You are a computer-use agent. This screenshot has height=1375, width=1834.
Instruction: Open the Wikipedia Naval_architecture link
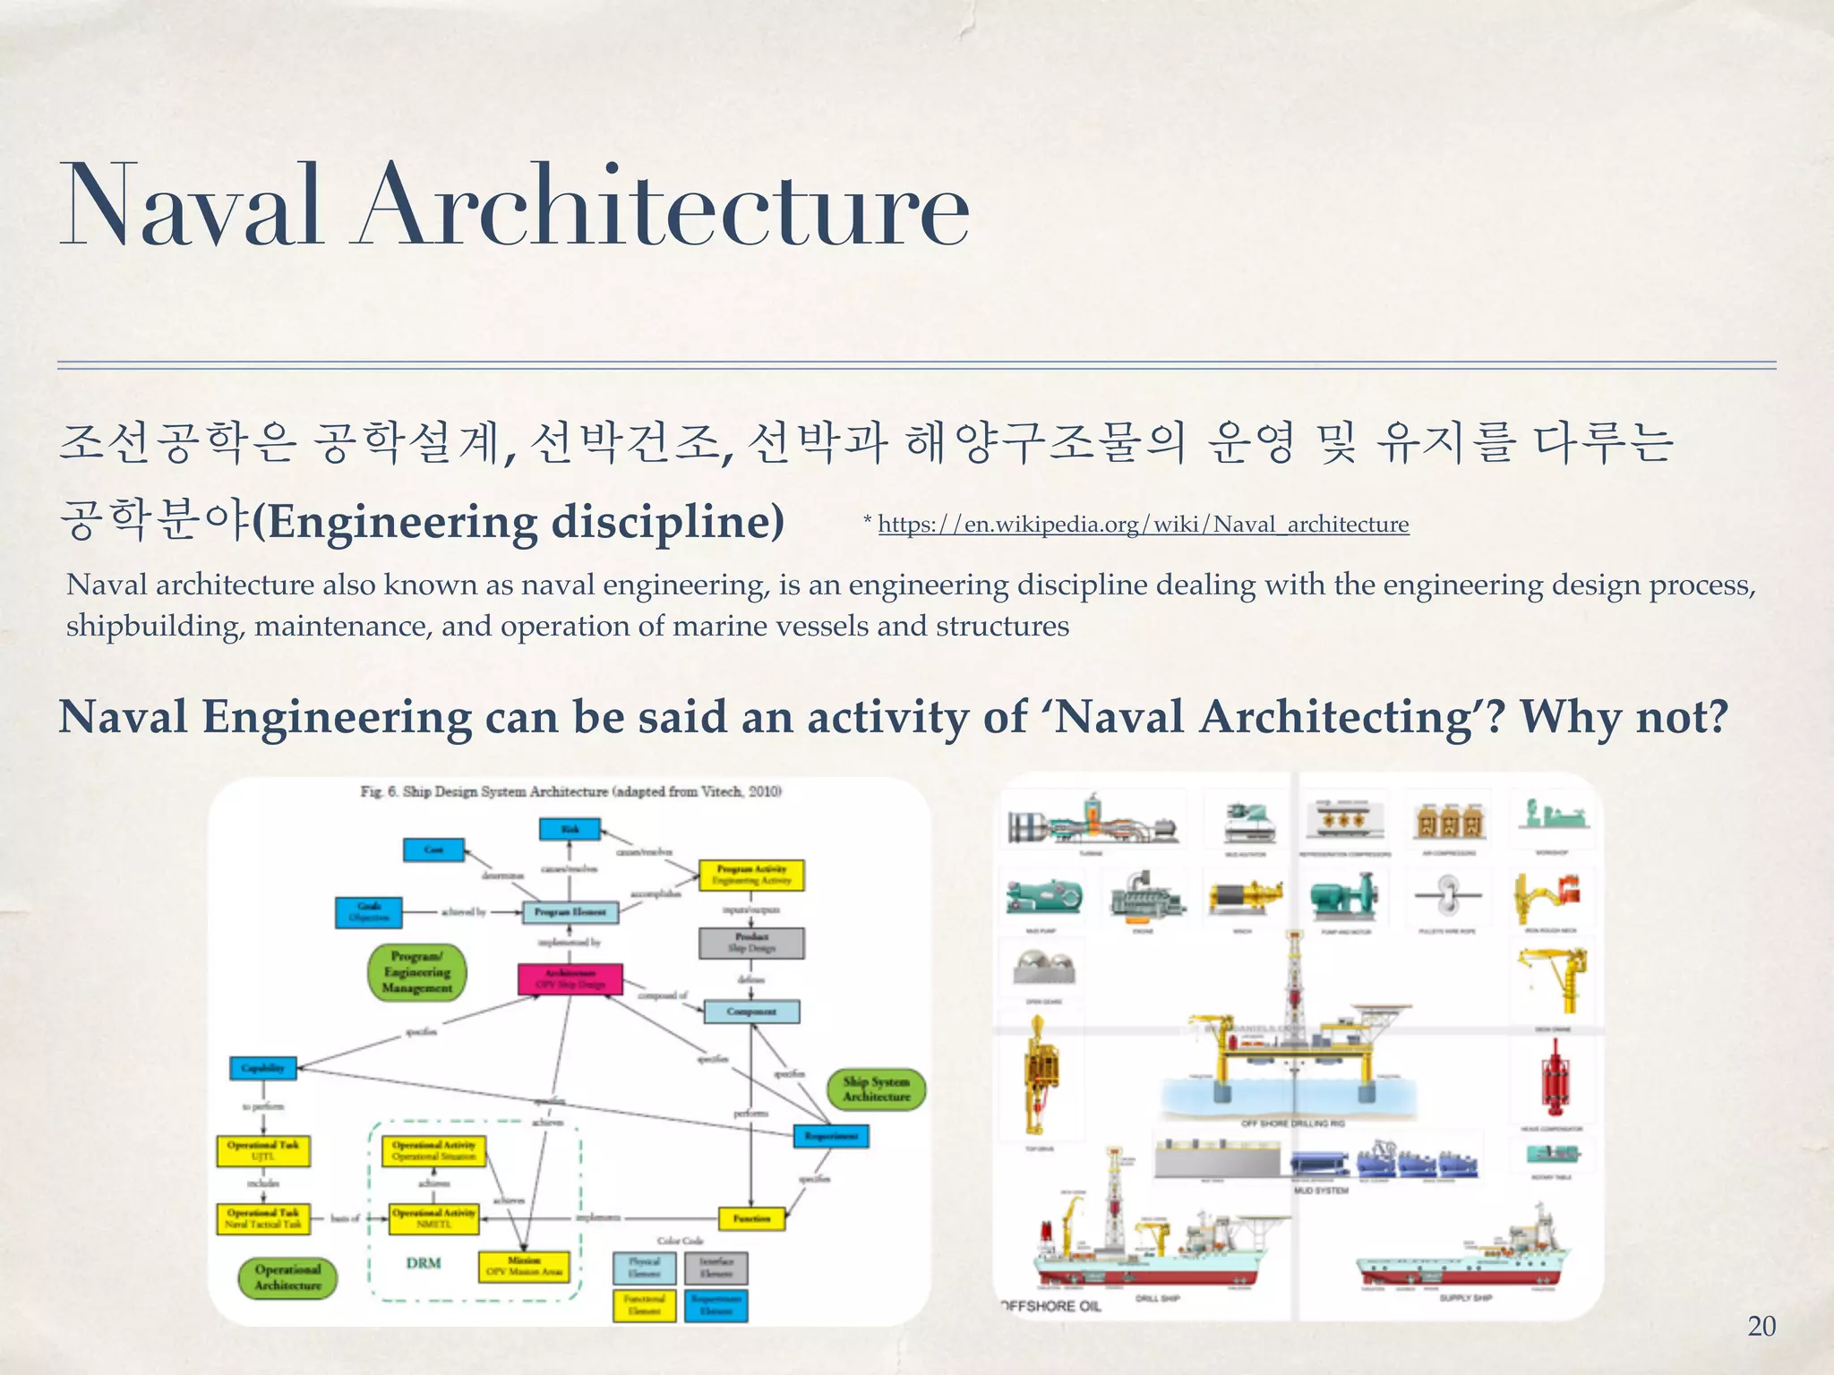coord(1143,525)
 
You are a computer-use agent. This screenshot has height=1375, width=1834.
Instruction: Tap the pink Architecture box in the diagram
coord(570,978)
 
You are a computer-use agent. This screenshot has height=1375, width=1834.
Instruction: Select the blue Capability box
coord(263,1068)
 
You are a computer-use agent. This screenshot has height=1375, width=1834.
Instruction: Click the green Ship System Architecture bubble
coord(877,1089)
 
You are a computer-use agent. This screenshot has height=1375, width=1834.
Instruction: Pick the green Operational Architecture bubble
coord(287,1277)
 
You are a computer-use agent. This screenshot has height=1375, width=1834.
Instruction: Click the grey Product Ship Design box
coord(751,943)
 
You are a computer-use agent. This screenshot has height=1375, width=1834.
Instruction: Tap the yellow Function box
coord(751,1218)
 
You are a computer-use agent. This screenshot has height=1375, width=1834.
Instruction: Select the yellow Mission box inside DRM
coord(524,1266)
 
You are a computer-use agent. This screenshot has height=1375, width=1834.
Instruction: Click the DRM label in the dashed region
coord(423,1263)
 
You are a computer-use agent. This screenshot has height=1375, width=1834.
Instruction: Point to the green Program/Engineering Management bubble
coord(417,972)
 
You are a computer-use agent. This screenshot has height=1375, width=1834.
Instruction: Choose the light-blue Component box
coord(751,1012)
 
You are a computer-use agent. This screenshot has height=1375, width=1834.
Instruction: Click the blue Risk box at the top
coord(570,829)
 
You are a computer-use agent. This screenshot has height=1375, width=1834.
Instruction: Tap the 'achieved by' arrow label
coord(463,912)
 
